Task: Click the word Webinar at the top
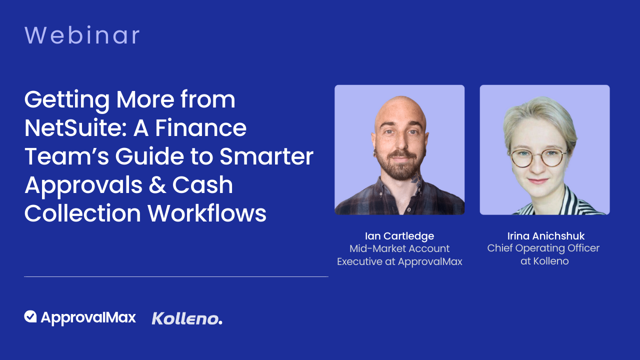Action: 82,36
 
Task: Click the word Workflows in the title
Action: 207,213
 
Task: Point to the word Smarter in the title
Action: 266,156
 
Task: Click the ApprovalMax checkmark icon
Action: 30,316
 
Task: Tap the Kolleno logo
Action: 187,318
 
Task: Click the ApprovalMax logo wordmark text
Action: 88,317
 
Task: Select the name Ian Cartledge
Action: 399,236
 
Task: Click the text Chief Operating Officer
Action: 543,248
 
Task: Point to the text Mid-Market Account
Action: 399,248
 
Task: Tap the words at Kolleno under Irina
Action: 544,261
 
